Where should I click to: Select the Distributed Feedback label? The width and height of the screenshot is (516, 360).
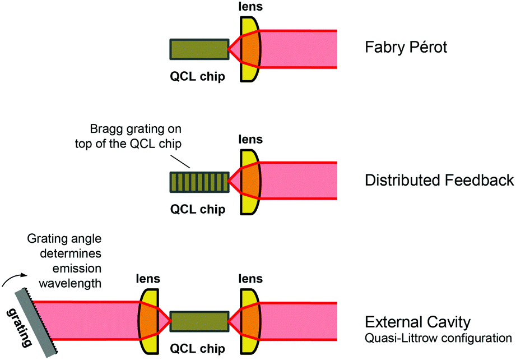[439, 181]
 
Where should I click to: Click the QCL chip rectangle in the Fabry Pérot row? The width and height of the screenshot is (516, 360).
[199, 49]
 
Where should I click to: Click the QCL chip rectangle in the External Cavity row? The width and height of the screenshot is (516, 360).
[199, 321]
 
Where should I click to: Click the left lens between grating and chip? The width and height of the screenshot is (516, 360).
[148, 321]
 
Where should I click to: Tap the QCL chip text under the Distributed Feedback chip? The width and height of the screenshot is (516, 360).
[198, 210]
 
